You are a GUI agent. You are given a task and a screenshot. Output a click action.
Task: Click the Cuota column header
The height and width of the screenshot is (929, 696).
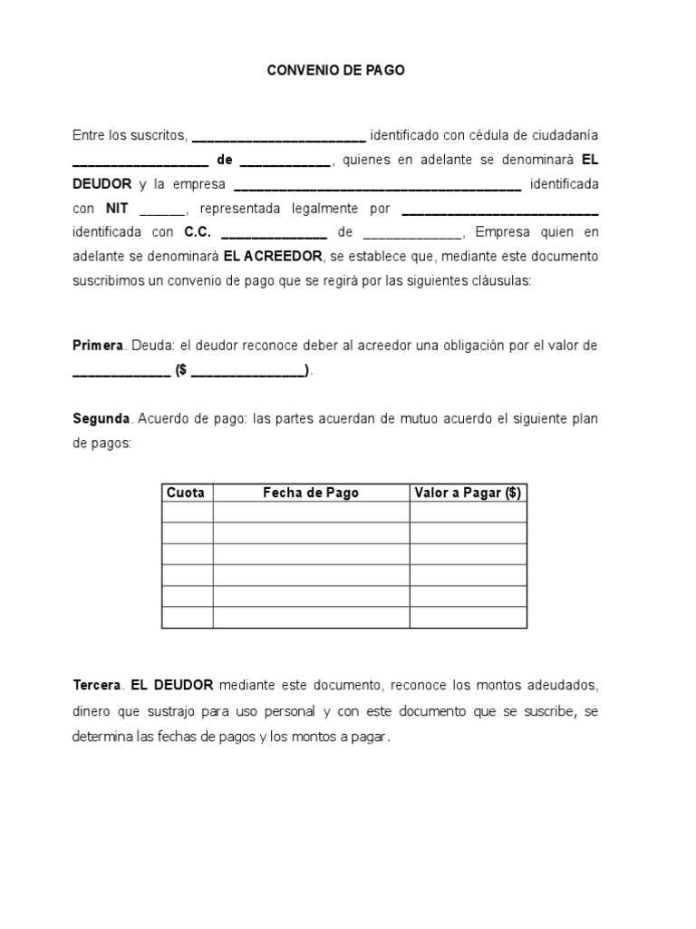coord(186,493)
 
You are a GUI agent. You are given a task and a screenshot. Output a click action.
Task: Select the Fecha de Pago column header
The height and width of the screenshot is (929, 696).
coord(311,493)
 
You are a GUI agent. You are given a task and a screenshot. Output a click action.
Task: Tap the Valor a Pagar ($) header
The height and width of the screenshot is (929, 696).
coord(468,493)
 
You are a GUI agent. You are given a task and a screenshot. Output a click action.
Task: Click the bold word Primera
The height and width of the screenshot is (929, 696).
coord(101,346)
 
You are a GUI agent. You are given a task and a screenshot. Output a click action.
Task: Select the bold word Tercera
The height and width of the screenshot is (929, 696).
coord(96,685)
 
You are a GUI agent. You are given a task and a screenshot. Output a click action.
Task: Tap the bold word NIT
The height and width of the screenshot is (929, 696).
coord(117,208)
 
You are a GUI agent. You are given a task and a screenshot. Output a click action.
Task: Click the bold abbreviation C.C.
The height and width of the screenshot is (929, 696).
coord(197,232)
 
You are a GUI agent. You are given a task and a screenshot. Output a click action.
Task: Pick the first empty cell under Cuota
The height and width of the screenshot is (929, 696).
coord(187,513)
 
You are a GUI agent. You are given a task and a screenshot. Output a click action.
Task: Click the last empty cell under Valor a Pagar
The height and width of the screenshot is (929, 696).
coord(468,618)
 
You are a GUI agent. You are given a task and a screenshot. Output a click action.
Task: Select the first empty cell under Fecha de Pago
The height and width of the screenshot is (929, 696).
coord(311,513)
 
